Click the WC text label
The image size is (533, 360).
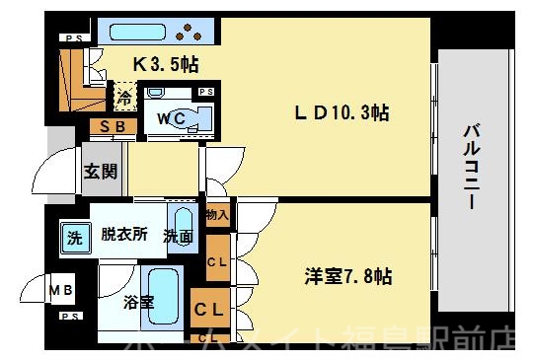[x=161, y=116]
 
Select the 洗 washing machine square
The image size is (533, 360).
[x=75, y=237]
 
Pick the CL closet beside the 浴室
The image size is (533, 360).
[x=213, y=309]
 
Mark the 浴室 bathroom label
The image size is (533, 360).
[x=138, y=302]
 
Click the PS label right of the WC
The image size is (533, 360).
[x=206, y=92]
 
